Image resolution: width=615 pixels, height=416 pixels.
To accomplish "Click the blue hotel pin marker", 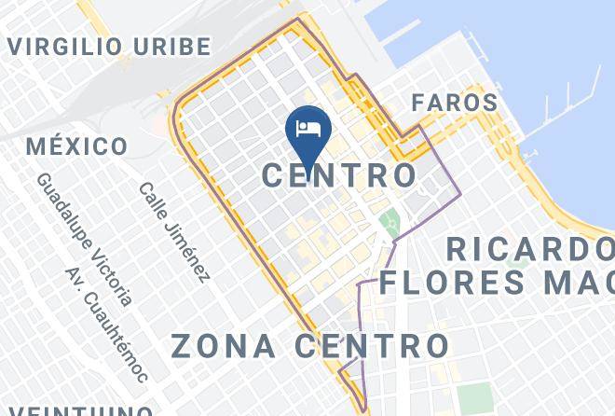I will point(307,130).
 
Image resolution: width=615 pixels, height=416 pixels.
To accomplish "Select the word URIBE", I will point(171,46).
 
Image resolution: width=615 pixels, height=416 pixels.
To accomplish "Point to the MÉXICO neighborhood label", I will point(76,146).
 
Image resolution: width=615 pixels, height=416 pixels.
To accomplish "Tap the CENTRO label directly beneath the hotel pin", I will point(338,175).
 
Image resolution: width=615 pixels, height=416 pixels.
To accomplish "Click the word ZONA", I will point(224,346).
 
